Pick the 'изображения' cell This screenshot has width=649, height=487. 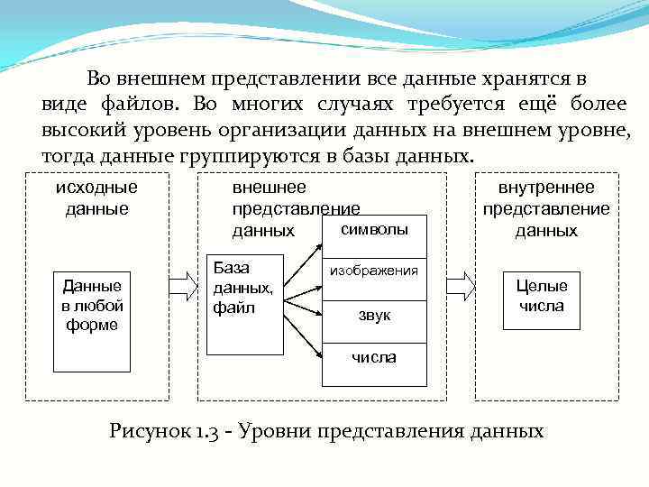pos(374,270)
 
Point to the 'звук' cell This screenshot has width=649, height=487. pos(374,315)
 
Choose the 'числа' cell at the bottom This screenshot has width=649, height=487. pos(374,358)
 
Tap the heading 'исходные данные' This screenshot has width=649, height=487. pos(96,198)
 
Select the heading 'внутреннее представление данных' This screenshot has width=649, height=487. pos(546,208)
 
